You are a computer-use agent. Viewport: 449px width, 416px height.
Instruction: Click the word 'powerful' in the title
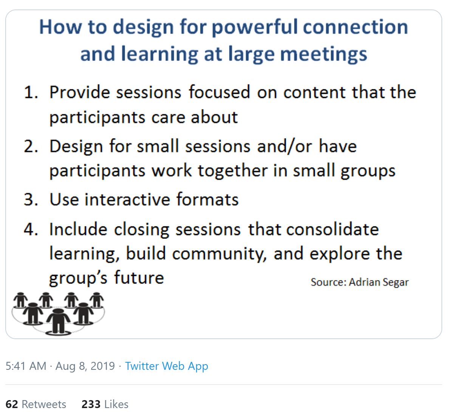255,28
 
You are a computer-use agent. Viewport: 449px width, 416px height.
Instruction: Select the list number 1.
31,92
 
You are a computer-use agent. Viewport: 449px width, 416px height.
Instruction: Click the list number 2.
31,146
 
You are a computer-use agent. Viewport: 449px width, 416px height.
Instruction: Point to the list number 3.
31,199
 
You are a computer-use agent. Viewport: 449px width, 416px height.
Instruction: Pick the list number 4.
31,229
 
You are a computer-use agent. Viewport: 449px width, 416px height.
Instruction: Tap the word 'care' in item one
169,117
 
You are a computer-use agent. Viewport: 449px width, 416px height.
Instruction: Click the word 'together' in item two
232,171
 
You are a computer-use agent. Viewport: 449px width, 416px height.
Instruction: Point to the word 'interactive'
127,199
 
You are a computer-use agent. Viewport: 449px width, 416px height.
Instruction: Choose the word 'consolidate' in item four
333,229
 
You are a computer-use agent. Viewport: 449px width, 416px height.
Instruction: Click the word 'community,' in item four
220,254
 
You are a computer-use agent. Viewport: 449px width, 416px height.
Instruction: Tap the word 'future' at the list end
139,278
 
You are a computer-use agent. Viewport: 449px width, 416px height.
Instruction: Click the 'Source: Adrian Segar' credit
360,282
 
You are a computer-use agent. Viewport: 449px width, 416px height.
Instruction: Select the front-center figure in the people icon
58,321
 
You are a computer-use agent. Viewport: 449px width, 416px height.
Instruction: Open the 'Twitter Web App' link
167,366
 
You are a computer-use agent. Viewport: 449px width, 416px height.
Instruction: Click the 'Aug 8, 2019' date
85,366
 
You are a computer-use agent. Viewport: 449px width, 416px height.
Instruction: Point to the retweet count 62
12,404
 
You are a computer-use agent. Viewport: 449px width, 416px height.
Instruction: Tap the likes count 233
91,404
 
